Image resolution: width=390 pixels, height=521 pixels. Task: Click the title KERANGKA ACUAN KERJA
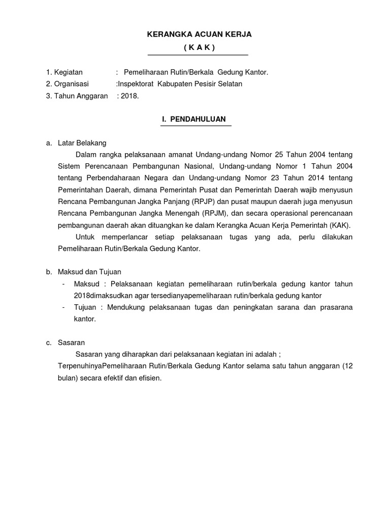199,34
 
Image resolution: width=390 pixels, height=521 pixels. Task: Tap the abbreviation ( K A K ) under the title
199,47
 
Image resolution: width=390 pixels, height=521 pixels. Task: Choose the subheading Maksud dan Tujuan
90,272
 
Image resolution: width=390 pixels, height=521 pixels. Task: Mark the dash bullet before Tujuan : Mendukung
63,307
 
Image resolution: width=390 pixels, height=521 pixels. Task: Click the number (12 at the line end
347,366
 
